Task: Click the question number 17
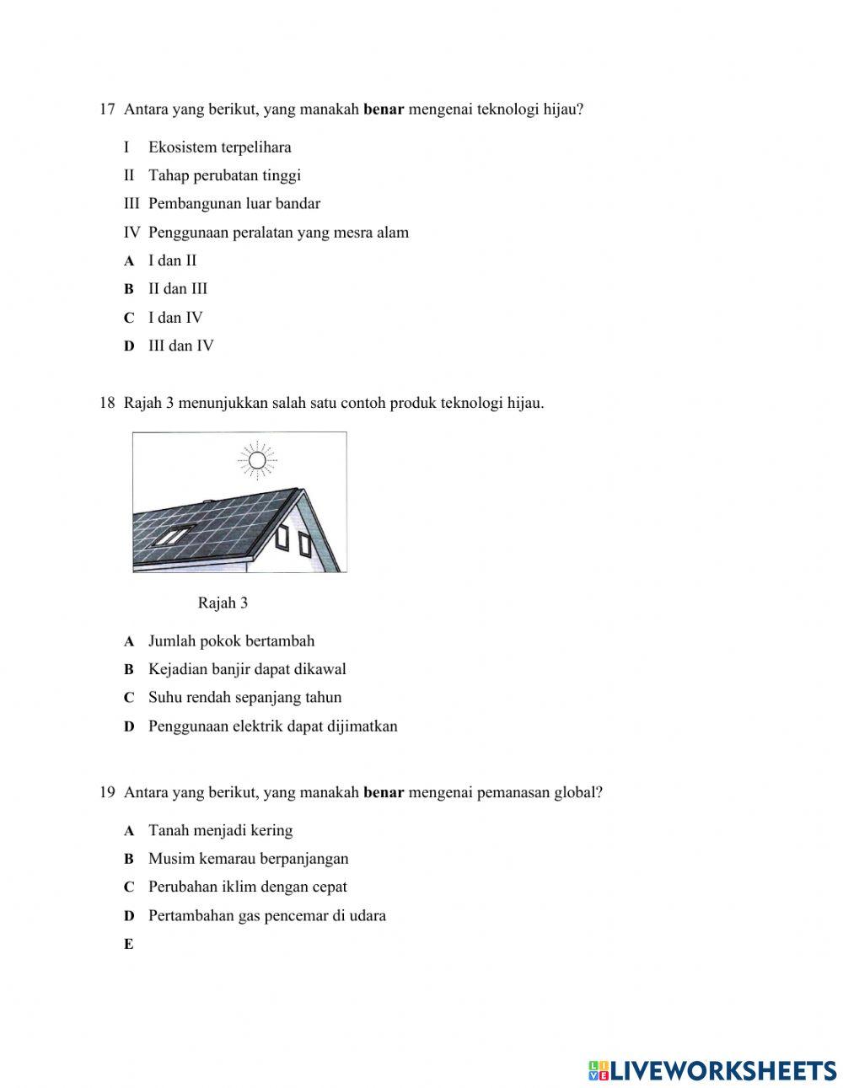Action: tap(106, 110)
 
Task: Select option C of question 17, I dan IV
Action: tap(175, 318)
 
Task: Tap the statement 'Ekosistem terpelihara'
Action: tap(219, 147)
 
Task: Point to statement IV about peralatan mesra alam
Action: tap(278, 233)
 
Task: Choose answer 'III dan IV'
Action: tap(180, 346)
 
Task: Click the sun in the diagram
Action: tap(257, 459)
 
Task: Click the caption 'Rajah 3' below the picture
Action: tap(223, 603)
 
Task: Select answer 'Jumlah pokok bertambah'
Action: tap(231, 641)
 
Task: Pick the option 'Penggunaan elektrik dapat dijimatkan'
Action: tap(272, 726)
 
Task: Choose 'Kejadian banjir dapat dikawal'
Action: tap(247, 669)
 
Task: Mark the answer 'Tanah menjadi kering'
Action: tap(220, 831)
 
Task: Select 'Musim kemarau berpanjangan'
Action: tap(248, 859)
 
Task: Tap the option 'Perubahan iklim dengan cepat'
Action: tap(247, 887)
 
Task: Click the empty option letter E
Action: tap(129, 945)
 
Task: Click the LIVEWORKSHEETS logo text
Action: tap(722, 1070)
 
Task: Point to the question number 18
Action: tap(106, 403)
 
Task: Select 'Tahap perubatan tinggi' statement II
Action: tap(224, 176)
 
